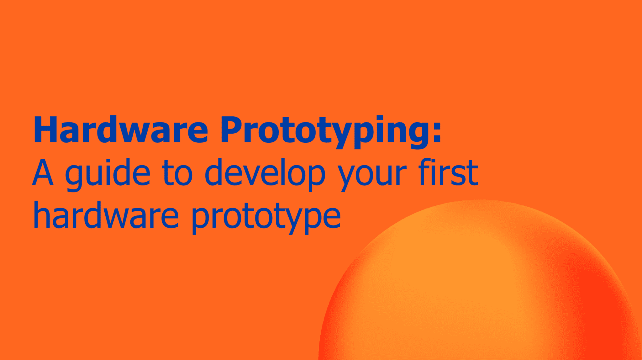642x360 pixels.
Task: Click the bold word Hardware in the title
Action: [x=121, y=130]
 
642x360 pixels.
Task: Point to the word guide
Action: [x=108, y=174]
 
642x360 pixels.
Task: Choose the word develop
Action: [x=265, y=174]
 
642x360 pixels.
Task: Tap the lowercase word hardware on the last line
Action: [x=106, y=215]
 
